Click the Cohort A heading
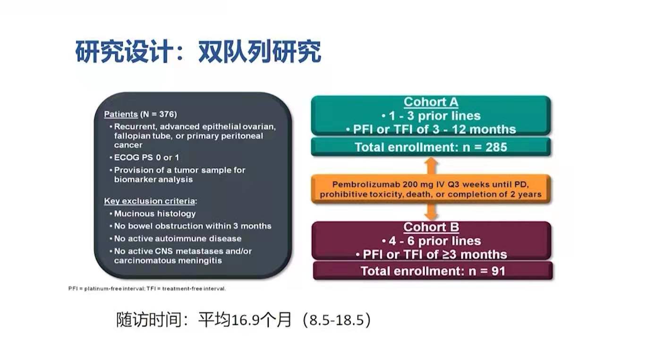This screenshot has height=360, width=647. tap(431, 102)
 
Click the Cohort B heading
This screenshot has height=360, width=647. tap(431, 227)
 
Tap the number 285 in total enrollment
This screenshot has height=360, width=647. tap(496, 147)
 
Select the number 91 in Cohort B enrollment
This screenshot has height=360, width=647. tap(498, 271)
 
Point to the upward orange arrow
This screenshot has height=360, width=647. tap(431, 166)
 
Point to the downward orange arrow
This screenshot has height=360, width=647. tap(431, 212)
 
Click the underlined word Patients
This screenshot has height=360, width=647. tap(121, 114)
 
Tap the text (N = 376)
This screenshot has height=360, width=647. tap(158, 114)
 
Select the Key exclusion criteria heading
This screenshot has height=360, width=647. tap(150, 201)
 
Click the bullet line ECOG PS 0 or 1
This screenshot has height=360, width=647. tap(145, 158)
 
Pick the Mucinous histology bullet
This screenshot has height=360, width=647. tap(153, 214)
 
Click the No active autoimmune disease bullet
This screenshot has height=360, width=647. tap(176, 239)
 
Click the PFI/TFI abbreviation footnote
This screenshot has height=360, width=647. tap(147, 289)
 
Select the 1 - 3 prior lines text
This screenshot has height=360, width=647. tap(431, 116)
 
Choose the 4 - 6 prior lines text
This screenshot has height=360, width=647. tap(431, 241)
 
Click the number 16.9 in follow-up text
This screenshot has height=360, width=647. tap(245, 320)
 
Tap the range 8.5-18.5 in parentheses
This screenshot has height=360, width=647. tap(337, 320)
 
